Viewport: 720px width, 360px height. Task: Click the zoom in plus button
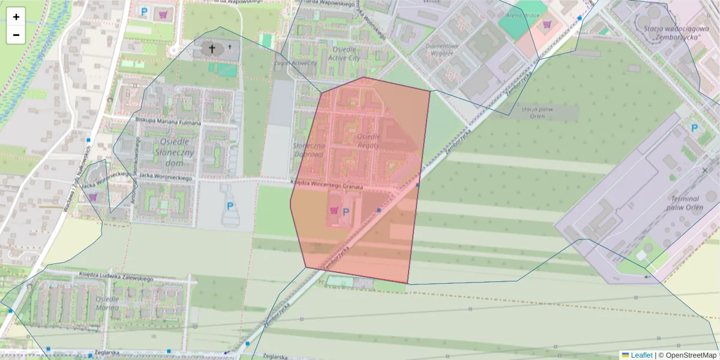coord(16,17)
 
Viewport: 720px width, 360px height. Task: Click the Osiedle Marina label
coord(106,304)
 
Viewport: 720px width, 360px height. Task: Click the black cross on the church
coord(211,48)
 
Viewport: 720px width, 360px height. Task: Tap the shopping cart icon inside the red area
coord(334,211)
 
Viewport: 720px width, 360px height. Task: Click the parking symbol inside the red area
coord(346,211)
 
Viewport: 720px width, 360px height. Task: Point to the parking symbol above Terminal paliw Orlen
coord(694,128)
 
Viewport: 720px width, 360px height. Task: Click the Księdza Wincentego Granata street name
coord(327,186)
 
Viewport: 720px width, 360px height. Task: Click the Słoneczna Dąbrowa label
coord(309,150)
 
